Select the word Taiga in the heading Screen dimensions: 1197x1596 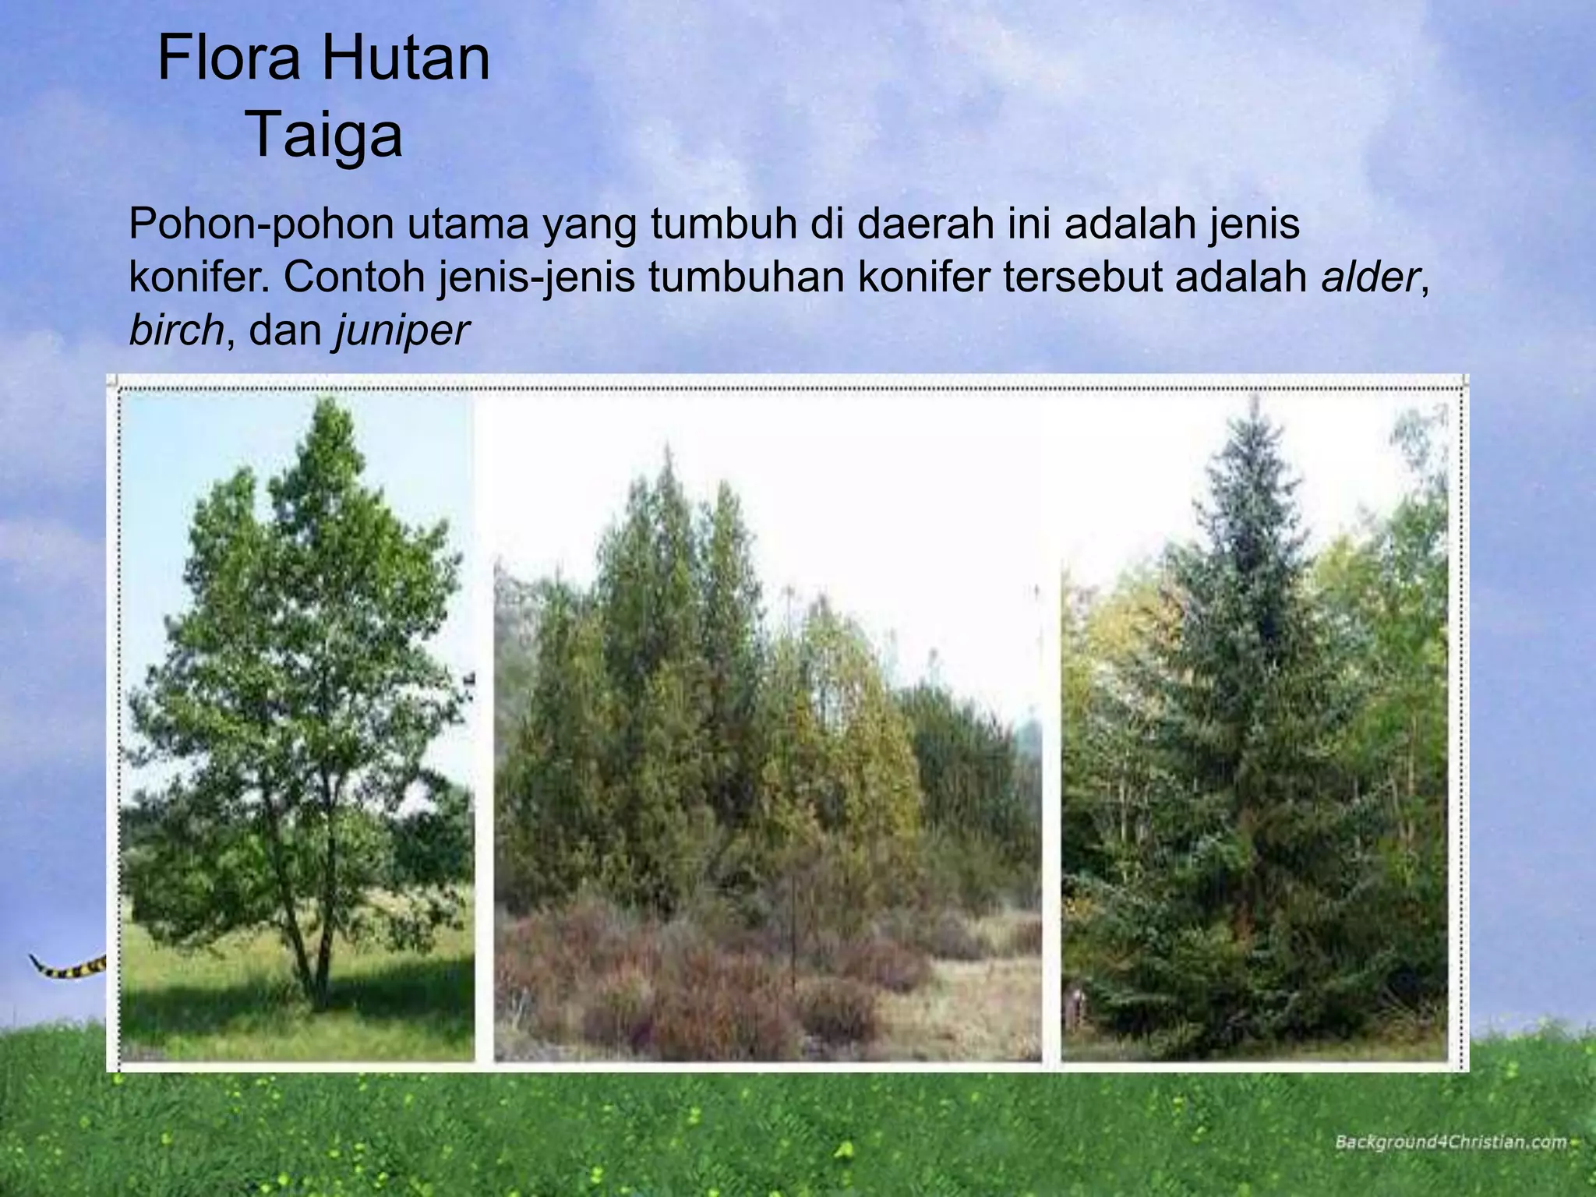click(325, 135)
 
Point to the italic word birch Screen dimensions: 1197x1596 click(177, 330)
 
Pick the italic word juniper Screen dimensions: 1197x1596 click(402, 332)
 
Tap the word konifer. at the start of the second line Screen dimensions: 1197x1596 click(199, 277)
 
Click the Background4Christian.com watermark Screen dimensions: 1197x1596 click(1450, 1142)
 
